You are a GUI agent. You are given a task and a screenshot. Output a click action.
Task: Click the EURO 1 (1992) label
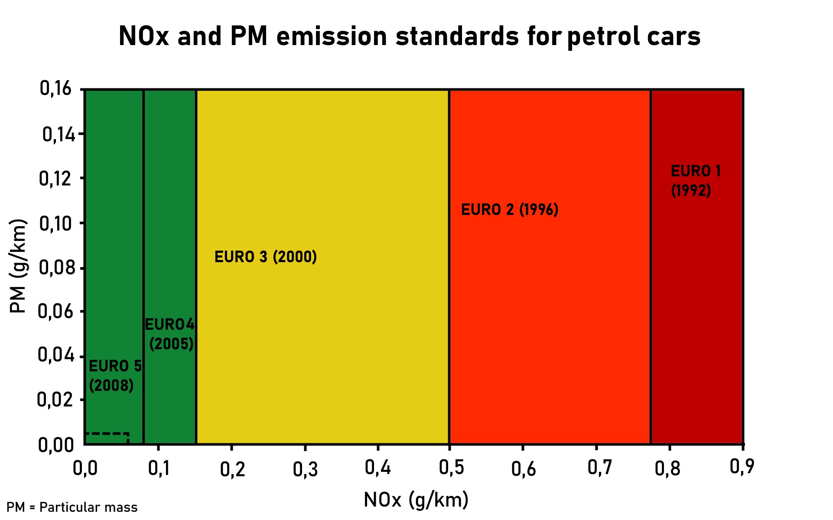point(695,181)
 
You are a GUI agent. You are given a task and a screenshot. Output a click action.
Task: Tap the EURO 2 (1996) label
point(510,210)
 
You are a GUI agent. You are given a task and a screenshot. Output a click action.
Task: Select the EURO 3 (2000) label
point(266,257)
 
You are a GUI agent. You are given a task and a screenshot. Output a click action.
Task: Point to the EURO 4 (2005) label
point(170,334)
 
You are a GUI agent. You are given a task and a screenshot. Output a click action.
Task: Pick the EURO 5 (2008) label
point(115,376)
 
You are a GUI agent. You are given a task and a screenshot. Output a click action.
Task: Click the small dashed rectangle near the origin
point(107,438)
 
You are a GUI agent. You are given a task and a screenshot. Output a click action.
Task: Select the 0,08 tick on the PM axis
point(56,268)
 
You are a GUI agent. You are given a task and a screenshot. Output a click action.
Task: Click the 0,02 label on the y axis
point(55,400)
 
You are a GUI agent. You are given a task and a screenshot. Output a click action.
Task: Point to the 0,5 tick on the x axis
point(451,468)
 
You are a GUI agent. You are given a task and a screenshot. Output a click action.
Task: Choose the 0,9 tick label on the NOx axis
point(742,467)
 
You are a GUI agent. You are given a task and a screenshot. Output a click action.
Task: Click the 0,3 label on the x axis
point(305,469)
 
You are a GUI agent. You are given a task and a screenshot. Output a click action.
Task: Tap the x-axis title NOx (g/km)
point(416,500)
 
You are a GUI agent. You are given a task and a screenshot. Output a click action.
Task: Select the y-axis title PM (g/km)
point(18,265)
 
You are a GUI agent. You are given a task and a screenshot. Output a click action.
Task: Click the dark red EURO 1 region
point(697,303)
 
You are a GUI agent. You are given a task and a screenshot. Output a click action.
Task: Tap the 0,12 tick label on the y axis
point(55,179)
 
